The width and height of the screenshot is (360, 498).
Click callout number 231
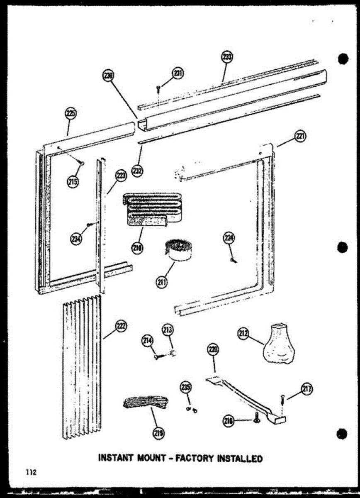pyautogui.click(x=178, y=73)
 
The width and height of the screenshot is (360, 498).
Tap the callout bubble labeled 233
pyautogui.click(x=227, y=57)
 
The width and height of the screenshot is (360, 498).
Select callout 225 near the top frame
pyautogui.click(x=71, y=113)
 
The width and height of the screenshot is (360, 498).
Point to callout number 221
pyautogui.click(x=300, y=135)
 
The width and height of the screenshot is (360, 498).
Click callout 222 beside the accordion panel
pyautogui.click(x=121, y=327)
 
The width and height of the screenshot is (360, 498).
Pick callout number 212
pyautogui.click(x=243, y=332)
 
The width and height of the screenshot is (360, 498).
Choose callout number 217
pyautogui.click(x=306, y=389)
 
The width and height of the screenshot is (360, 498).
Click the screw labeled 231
pyautogui.click(x=158, y=88)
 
